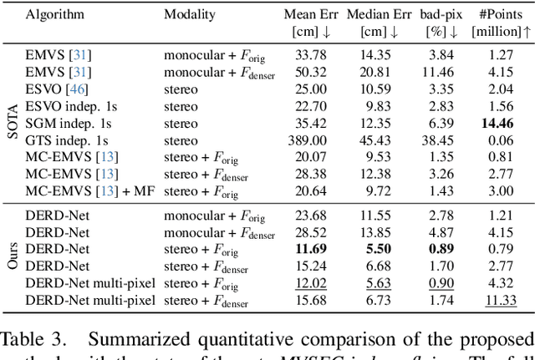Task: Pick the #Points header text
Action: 503,15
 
